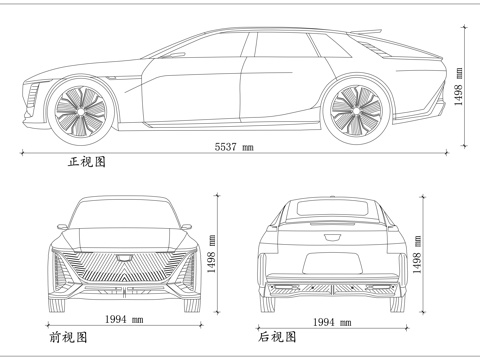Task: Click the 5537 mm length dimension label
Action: (234, 148)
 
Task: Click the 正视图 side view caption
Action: (87, 161)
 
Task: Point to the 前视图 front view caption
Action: (67, 337)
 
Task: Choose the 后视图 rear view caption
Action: (277, 337)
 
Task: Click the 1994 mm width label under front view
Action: (124, 320)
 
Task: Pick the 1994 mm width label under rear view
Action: (331, 323)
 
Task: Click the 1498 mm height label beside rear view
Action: (414, 262)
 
